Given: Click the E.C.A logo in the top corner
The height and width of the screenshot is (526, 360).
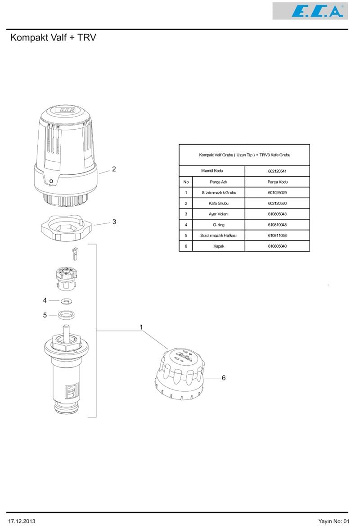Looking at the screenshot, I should (310, 11).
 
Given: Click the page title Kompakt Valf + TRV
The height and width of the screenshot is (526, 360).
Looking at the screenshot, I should (53, 38).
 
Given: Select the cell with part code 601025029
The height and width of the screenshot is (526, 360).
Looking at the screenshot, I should (277, 193).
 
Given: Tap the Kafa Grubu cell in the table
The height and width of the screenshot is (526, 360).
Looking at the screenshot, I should (219, 204).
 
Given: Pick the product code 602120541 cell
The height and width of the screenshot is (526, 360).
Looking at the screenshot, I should (277, 171).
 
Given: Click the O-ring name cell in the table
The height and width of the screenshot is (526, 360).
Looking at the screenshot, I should (219, 225).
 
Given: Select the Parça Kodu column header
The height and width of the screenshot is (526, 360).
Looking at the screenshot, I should (277, 182).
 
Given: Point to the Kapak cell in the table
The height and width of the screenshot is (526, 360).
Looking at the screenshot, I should (219, 246).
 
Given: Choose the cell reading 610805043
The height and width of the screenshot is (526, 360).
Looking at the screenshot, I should (277, 214).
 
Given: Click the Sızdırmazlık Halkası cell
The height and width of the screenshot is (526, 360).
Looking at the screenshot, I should (219, 236).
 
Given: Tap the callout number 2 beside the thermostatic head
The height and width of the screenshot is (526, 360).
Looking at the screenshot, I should (114, 169).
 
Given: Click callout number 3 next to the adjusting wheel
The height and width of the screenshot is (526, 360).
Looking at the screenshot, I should (114, 222).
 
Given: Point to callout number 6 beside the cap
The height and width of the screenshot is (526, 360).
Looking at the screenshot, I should (223, 378).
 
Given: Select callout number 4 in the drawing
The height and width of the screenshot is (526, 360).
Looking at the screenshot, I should (45, 300).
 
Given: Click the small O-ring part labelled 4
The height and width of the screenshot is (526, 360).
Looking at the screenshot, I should (66, 301).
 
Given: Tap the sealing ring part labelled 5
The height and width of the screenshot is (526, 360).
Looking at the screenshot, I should (66, 315).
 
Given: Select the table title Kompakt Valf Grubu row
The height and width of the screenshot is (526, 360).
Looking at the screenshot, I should (244, 155).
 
